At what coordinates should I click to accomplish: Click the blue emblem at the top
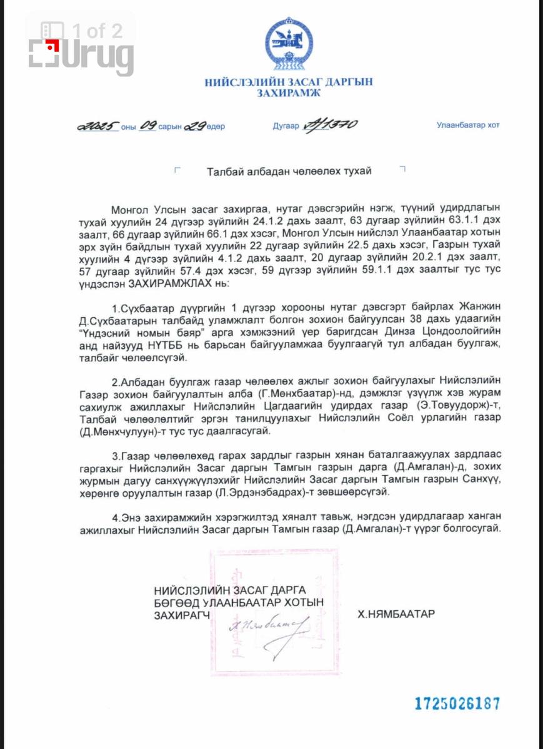[x=288, y=45]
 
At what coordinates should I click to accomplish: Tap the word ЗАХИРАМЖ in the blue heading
[x=288, y=94]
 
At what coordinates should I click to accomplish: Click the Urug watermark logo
[x=81, y=50]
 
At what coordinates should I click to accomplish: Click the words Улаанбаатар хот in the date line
[x=468, y=125]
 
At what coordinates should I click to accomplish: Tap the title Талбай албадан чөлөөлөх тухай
[x=289, y=171]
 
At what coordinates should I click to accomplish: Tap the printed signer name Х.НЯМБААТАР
[x=396, y=614]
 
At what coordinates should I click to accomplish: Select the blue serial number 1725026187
[x=457, y=704]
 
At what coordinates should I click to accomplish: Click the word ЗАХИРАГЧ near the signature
[x=181, y=614]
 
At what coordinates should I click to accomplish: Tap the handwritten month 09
[x=147, y=126]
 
